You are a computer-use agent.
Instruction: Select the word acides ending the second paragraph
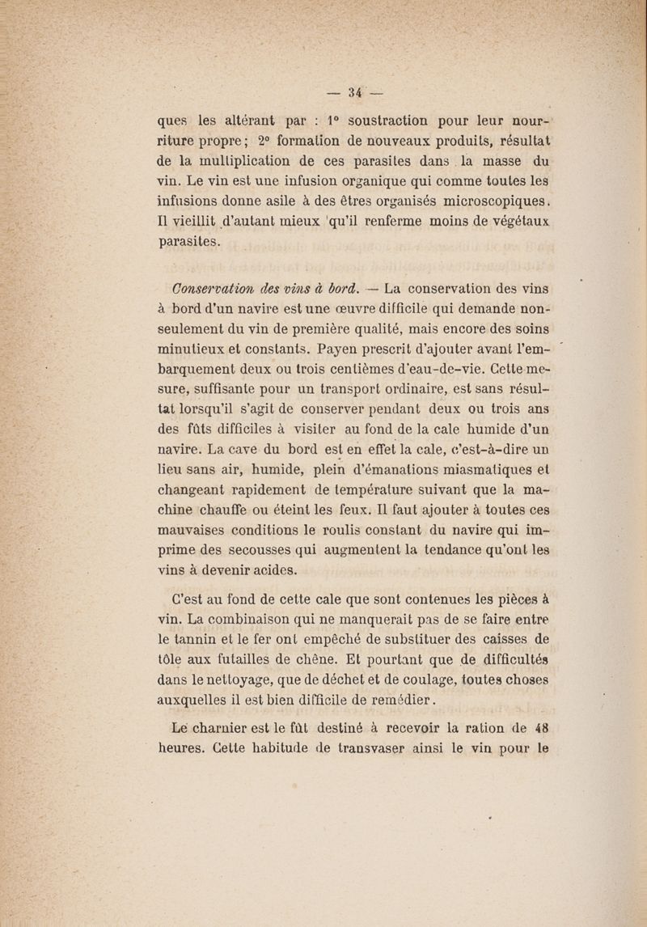(264, 581)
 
